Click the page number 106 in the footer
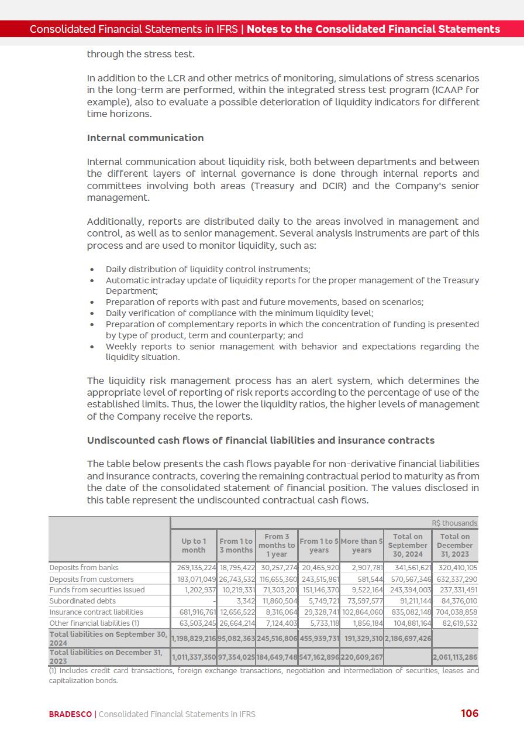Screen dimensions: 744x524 469,713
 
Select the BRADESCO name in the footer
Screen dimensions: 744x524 70,714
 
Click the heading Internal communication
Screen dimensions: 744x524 145,138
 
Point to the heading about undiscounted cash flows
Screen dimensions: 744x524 260,440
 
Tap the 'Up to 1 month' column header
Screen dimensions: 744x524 194,546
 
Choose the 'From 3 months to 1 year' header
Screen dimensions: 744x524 277,545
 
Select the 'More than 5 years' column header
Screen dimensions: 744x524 361,546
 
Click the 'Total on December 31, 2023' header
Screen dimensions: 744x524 454,545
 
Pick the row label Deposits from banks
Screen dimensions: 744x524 84,567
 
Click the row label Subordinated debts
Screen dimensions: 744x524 82,601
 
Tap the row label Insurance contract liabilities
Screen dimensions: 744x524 96,612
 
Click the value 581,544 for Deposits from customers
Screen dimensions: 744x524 367,579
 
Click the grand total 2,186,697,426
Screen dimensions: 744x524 408,638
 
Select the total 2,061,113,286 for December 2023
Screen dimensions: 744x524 454,657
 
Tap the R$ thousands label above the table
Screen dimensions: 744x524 454,523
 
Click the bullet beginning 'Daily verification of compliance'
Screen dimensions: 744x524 239,313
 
